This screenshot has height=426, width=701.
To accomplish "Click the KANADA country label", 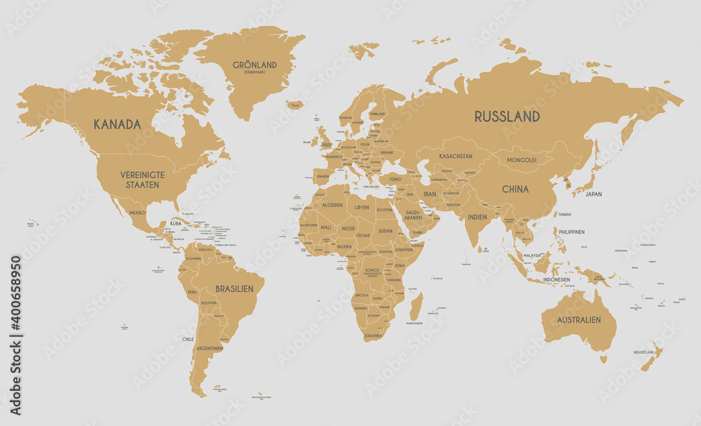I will [117, 124].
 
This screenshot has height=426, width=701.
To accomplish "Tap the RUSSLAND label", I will [507, 117].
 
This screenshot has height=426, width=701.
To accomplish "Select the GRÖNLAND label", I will [255, 65].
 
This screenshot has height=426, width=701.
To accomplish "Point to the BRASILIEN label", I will [234, 288].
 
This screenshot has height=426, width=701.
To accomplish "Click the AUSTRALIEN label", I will [579, 320].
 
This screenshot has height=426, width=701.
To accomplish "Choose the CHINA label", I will [515, 189].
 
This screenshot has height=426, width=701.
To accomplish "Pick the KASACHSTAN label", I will [456, 156].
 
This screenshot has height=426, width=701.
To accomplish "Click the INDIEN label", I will [477, 218].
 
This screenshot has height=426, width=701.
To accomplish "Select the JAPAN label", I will [594, 194].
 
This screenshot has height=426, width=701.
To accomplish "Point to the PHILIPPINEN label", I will [571, 232].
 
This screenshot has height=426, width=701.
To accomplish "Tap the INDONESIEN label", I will [557, 279].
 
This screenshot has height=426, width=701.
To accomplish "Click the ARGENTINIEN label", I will [210, 348].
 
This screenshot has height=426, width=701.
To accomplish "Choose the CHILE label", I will [188, 339].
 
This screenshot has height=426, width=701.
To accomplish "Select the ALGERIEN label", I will [332, 205].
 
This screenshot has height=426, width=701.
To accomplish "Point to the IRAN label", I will [429, 194].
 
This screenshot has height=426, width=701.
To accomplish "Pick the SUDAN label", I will [386, 230].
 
